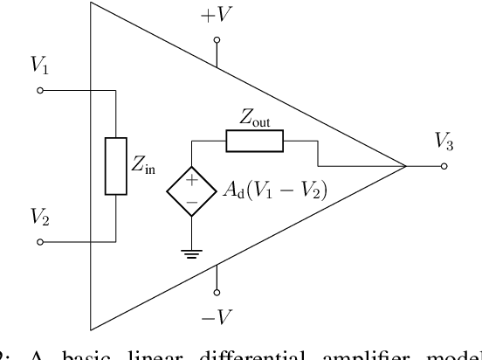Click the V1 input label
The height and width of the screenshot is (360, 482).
(x=41, y=66)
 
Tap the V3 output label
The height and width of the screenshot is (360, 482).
(x=444, y=141)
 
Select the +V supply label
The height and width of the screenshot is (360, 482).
(x=214, y=17)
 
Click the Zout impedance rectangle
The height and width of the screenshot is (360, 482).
(x=255, y=139)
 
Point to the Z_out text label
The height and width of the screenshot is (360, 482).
(x=256, y=117)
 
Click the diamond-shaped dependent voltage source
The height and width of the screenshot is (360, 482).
(x=189, y=189)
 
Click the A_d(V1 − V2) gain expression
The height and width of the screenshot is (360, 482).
(x=272, y=190)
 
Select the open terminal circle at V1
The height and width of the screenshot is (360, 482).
(x=40, y=89)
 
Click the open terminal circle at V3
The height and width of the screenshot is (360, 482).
(x=444, y=164)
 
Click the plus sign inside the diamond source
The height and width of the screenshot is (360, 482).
(x=189, y=179)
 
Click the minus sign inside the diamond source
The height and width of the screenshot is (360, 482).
(x=189, y=199)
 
